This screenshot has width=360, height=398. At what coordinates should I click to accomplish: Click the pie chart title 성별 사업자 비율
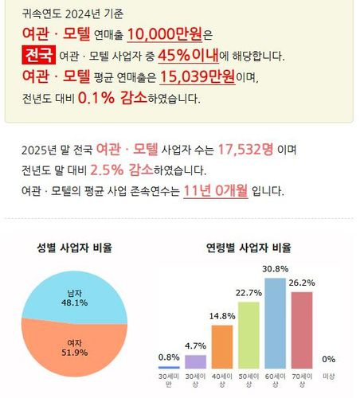click(x=74, y=248)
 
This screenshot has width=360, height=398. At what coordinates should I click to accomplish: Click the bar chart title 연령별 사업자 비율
click(x=248, y=248)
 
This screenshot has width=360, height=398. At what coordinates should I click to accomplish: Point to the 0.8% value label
click(x=169, y=357)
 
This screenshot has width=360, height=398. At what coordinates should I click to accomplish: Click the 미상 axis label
click(x=328, y=377)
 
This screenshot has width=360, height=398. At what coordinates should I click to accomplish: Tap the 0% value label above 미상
click(x=328, y=359)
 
